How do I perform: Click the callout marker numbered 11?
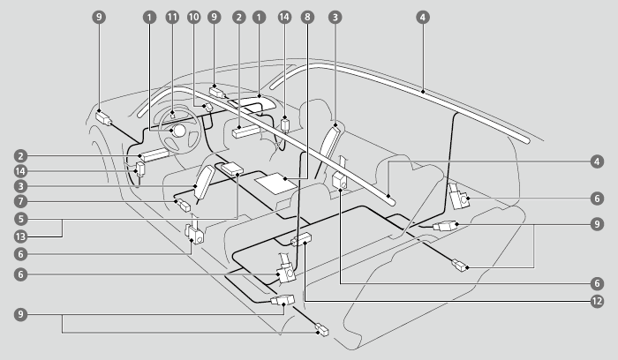tap(171, 17)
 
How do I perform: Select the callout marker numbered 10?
tap(192, 17)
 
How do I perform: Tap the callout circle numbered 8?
tap(306, 17)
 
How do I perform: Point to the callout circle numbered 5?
tap(19, 219)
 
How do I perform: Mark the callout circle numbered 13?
tap(19, 236)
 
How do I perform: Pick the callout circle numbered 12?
tap(598, 301)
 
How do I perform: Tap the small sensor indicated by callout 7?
tap(184, 207)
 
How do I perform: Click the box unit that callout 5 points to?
tap(234, 168)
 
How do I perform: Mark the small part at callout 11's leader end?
tap(172, 114)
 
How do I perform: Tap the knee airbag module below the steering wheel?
tap(154, 154)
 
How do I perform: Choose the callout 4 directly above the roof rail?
tap(422, 17)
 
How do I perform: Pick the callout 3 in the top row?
tap(335, 17)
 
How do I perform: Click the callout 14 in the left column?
tap(19, 171)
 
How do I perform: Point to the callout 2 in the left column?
tap(19, 155)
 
